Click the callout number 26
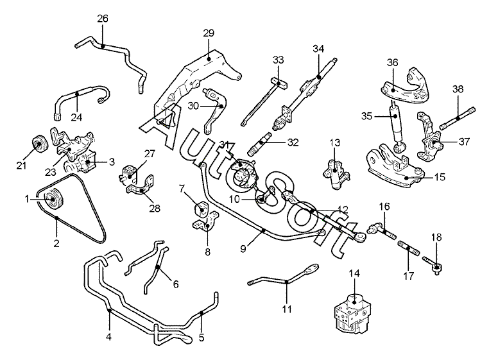point(103,19)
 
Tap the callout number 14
point(354,273)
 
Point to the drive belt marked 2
point(57,218)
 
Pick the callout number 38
point(458,89)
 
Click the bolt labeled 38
point(457,118)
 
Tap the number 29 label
point(209,33)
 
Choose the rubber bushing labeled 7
point(202,208)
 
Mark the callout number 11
point(287,309)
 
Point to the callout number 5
point(202,338)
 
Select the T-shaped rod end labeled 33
point(279,84)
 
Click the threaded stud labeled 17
point(408,248)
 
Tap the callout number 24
point(76,117)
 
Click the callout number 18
point(436,237)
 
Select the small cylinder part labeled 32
point(261,144)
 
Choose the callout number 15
point(440,177)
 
